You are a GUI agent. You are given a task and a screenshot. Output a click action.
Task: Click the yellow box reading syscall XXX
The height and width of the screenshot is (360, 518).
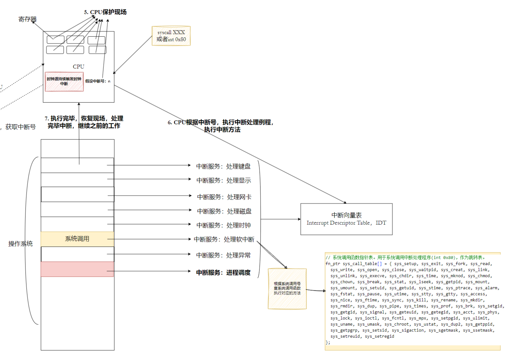click(171, 36)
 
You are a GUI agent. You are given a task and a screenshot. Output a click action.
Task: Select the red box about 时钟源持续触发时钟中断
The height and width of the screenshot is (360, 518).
click(64, 81)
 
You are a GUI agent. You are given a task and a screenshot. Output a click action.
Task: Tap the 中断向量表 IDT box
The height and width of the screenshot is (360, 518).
click(347, 219)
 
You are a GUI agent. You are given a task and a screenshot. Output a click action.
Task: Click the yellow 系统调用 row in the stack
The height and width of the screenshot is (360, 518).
click(77, 239)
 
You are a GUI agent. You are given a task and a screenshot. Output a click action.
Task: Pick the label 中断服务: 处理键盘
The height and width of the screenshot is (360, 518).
click(223, 166)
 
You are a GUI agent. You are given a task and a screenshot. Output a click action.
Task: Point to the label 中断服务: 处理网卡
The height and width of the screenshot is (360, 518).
click(224, 197)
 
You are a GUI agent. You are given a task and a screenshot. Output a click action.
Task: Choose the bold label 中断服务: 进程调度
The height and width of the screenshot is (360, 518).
click(223, 273)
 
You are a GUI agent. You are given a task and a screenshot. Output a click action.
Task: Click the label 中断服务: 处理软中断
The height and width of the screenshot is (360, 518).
click(224, 239)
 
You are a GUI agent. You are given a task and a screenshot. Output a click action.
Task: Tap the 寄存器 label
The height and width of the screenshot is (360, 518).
click(27, 19)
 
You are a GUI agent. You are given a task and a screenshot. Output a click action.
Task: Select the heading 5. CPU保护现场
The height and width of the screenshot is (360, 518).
click(105, 12)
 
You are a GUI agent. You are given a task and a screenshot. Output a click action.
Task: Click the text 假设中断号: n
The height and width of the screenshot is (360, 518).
click(98, 81)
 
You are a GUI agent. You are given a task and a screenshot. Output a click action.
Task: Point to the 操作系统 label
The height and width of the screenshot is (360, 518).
click(20, 244)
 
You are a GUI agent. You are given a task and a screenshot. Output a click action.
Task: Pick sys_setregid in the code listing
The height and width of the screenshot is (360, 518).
click(380, 336)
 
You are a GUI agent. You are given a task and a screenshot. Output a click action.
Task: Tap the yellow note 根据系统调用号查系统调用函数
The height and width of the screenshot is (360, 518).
click(287, 289)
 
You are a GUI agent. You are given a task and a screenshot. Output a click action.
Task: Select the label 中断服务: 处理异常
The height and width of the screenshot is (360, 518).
click(223, 255)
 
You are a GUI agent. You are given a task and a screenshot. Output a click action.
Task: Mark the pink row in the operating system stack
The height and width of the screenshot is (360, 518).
click(77, 269)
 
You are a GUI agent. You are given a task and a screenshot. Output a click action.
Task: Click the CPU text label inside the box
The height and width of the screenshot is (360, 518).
click(79, 67)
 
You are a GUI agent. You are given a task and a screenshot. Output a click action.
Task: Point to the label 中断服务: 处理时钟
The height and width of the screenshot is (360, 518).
click(223, 225)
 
